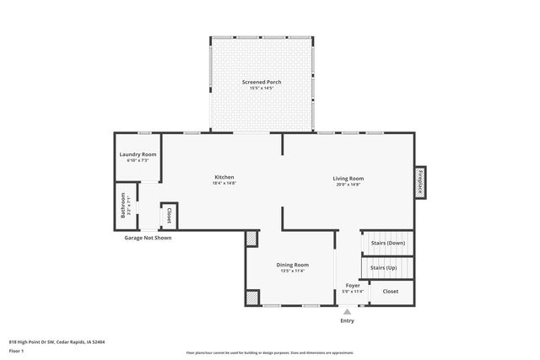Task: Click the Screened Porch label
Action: (x=262, y=82)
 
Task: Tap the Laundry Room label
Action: (x=138, y=154)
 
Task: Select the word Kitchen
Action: (x=224, y=177)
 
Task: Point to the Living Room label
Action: (x=348, y=178)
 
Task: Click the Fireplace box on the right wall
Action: (x=419, y=182)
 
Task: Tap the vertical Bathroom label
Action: (x=123, y=207)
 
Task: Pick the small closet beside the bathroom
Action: (x=169, y=215)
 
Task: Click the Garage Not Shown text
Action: (x=148, y=238)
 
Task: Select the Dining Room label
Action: (x=293, y=265)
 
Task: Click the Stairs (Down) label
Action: (x=388, y=243)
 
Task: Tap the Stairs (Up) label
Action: (x=383, y=267)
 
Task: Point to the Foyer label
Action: (x=353, y=286)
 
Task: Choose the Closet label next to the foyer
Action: (x=390, y=291)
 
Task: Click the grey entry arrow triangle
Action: (x=347, y=312)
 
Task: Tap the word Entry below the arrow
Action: (x=347, y=321)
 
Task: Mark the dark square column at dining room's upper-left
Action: (x=251, y=239)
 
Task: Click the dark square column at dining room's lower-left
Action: (x=251, y=298)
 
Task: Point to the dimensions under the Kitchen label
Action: (x=224, y=183)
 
